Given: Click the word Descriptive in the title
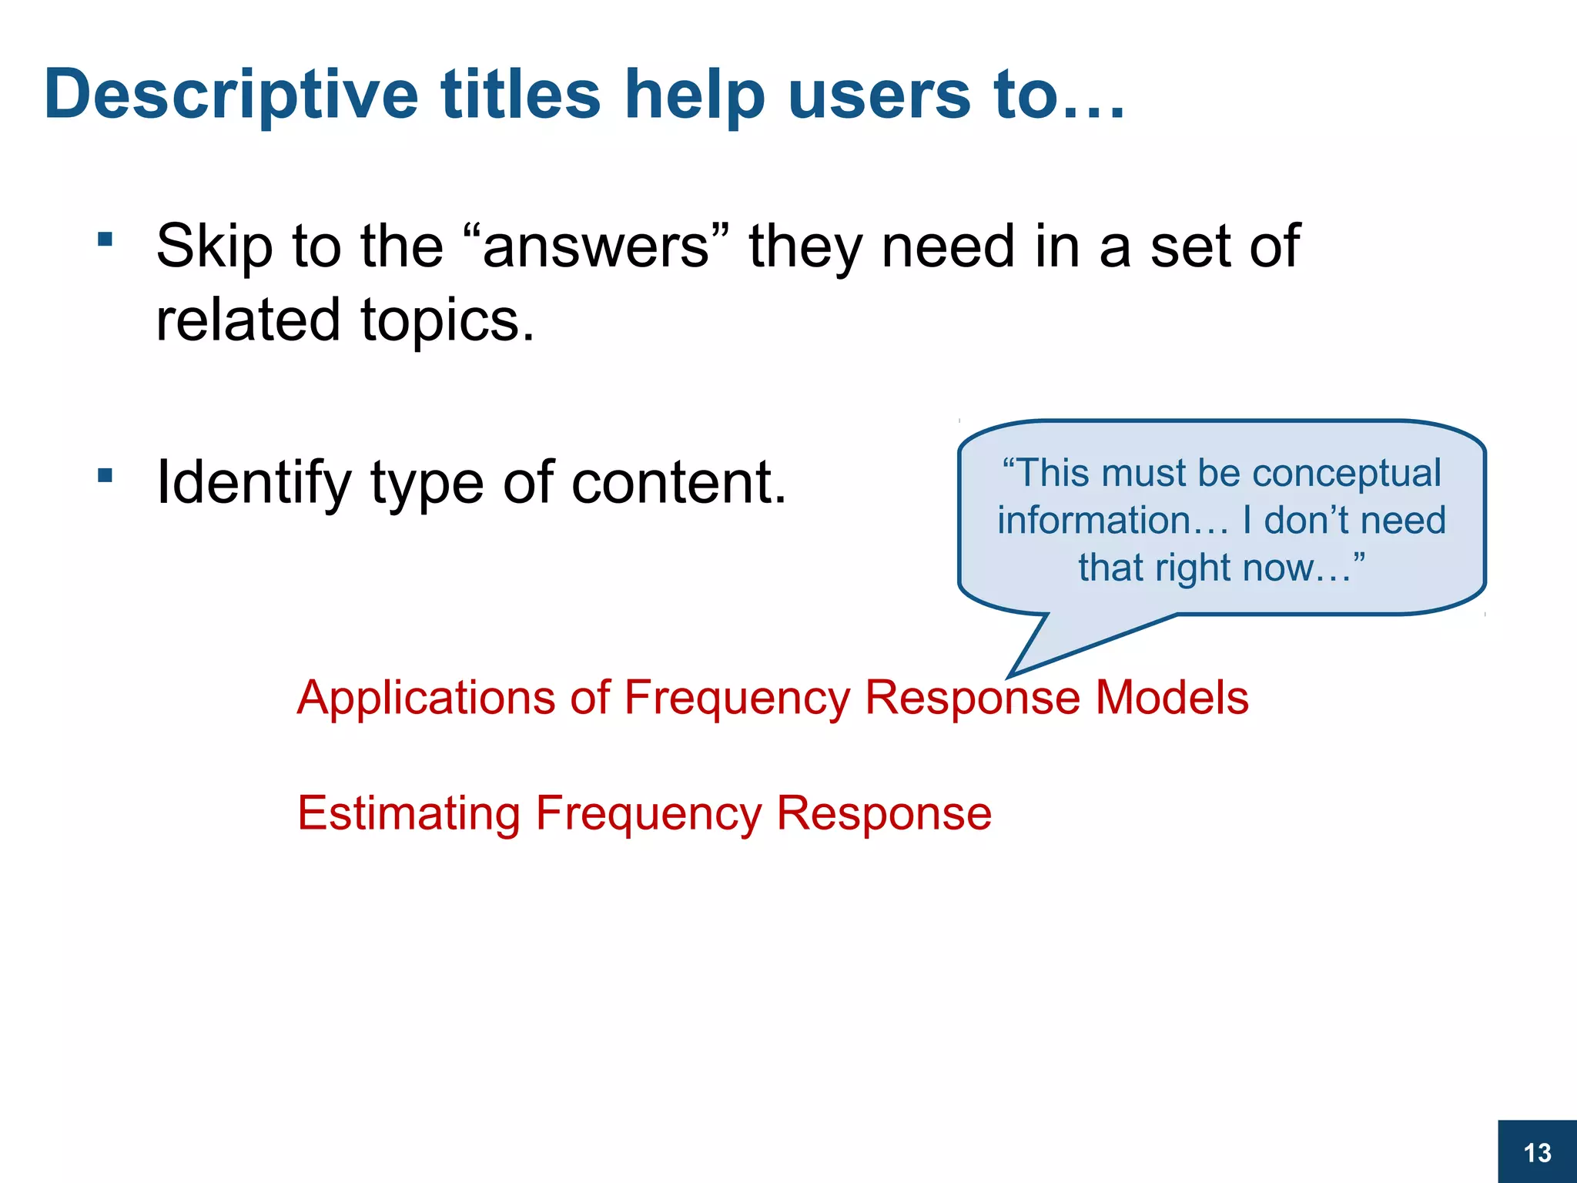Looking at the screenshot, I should (x=231, y=96).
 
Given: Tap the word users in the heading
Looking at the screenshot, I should (x=879, y=96).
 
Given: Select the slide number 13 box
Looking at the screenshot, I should (x=1537, y=1152).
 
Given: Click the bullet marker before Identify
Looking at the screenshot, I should (x=105, y=475).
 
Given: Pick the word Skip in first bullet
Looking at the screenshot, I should (x=214, y=246).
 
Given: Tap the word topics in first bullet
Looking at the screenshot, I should (x=447, y=320).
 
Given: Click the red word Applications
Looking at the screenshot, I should (x=426, y=698).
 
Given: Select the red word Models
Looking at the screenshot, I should (x=1171, y=698).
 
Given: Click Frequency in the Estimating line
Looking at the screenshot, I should (x=648, y=813).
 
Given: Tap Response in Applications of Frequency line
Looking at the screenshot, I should (x=973, y=698).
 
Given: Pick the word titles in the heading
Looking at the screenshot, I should (x=521, y=96).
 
